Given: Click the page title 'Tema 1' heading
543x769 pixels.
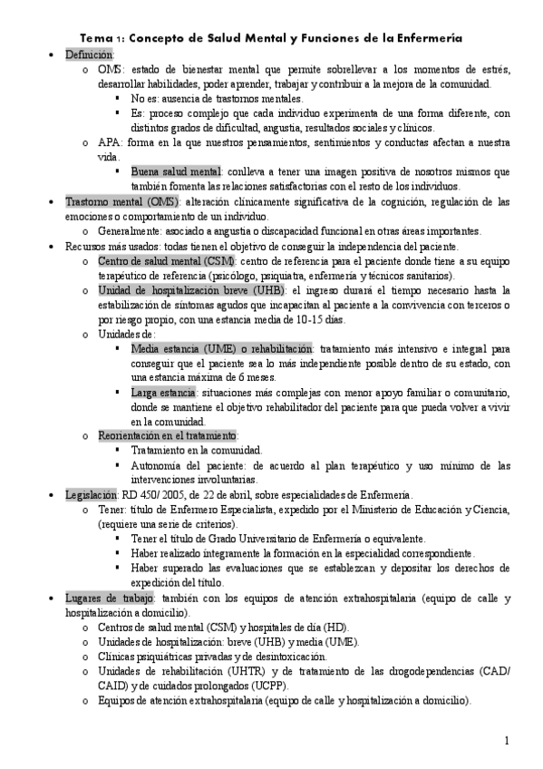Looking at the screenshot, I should [x=271, y=39].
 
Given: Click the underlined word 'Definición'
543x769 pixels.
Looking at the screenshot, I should [x=89, y=55].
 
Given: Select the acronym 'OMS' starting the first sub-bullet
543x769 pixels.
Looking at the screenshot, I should [x=110, y=69].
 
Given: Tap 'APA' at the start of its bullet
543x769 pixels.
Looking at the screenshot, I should [x=109, y=143].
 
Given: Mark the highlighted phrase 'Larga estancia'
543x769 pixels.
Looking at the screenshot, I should [x=163, y=393].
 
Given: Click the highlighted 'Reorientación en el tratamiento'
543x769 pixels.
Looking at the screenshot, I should [x=168, y=435].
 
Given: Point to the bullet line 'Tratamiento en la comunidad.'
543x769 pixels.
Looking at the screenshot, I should [x=196, y=450].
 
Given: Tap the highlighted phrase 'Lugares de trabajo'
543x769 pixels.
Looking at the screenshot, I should [x=111, y=599].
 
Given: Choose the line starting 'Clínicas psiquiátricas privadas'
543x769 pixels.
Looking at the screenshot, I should [x=211, y=657].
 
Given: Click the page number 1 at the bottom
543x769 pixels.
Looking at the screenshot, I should [x=507, y=741].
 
